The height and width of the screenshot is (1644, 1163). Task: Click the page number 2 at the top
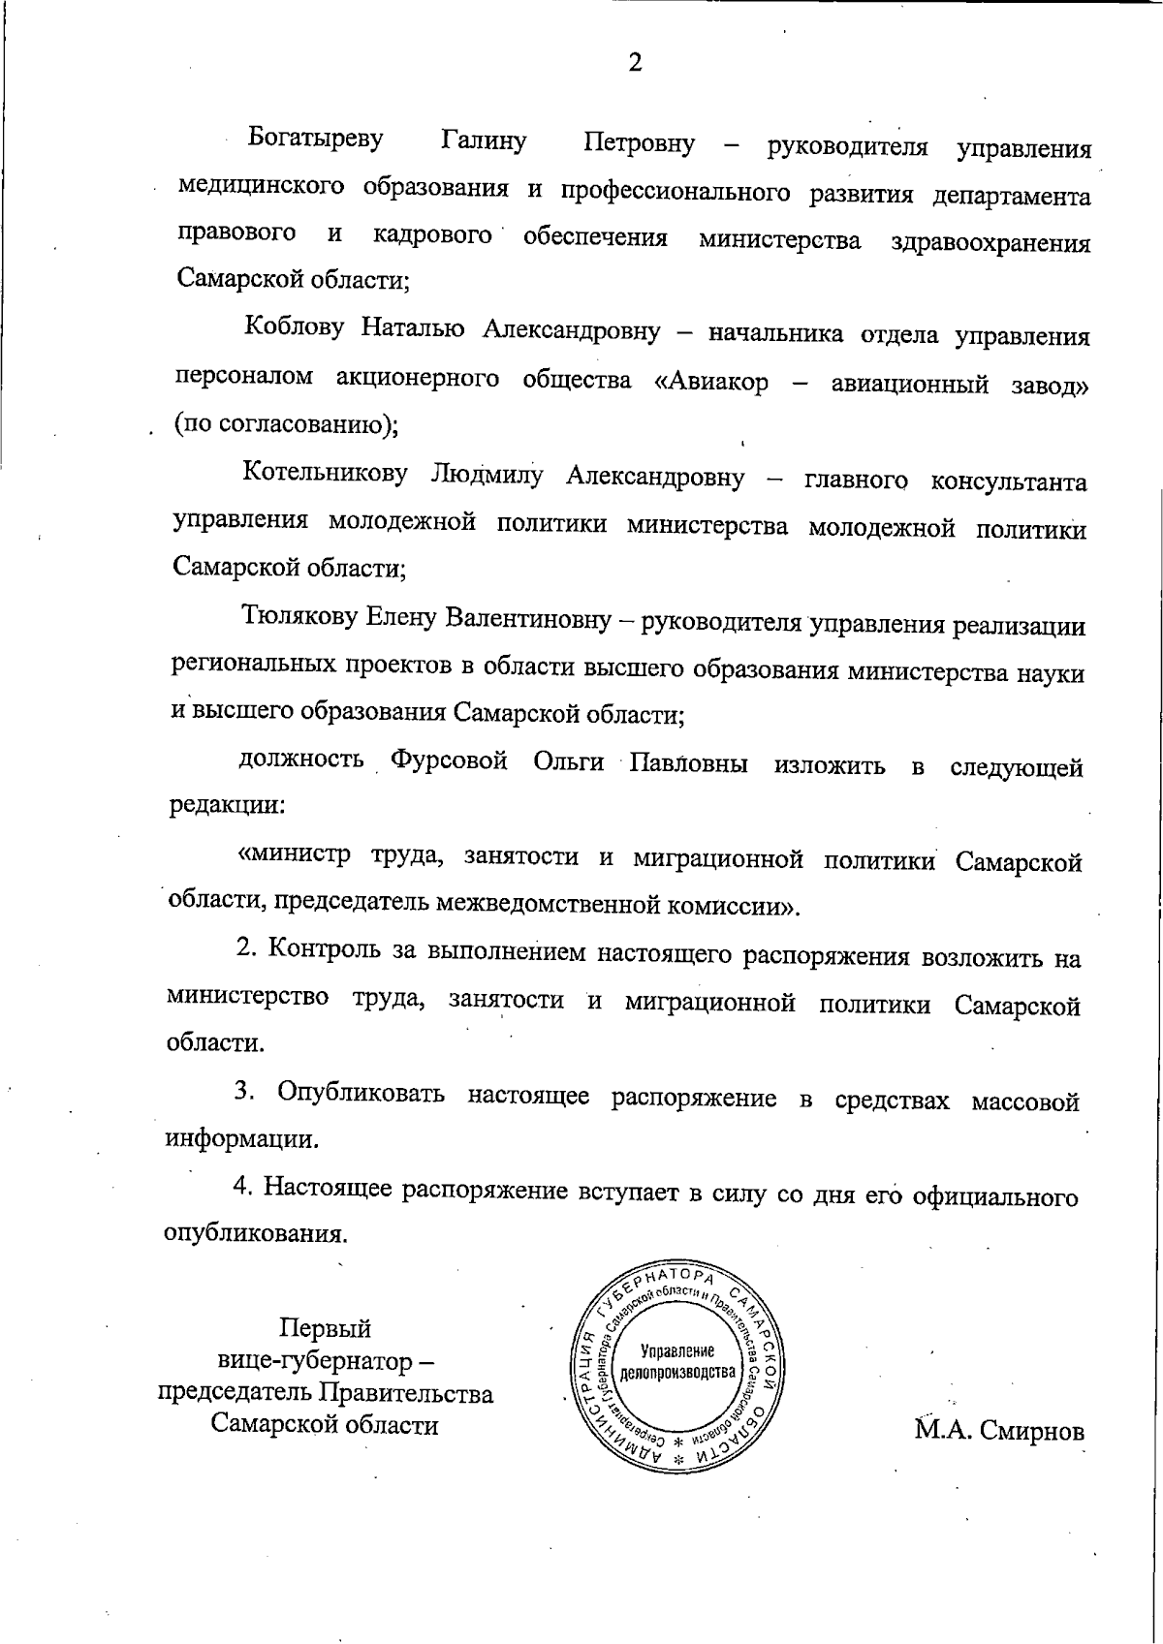tap(635, 64)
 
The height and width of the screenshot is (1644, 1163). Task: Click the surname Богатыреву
tap(316, 139)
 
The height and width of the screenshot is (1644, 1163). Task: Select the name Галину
tap(484, 141)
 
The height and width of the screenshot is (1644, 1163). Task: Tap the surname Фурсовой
tap(449, 761)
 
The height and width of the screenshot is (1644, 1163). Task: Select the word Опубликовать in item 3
tap(361, 1095)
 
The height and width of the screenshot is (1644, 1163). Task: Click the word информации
tap(241, 1139)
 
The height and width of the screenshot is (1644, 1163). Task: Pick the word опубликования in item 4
tap(256, 1234)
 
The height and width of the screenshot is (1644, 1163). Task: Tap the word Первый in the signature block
tap(325, 1328)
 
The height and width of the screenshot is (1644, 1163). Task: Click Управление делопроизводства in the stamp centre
tap(678, 1362)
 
